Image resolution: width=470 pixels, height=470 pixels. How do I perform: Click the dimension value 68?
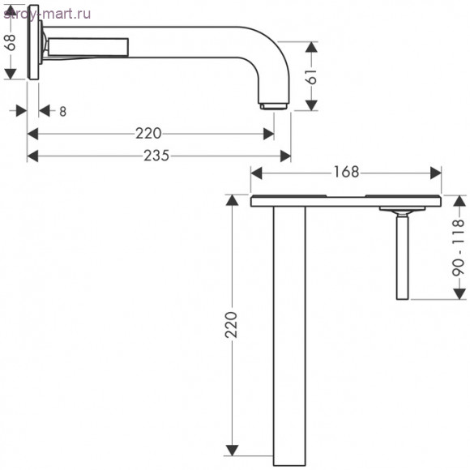pyautogui.click(x=11, y=42)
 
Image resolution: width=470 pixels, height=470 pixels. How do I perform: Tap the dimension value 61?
pyautogui.click(x=312, y=76)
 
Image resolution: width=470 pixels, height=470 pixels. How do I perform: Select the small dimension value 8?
pyautogui.click(x=62, y=112)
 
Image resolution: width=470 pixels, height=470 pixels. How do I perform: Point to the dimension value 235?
pyautogui.click(x=156, y=156)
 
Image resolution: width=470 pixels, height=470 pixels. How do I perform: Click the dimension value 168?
pyautogui.click(x=346, y=172)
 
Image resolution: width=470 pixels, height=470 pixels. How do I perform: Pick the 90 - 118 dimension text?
pyautogui.click(x=459, y=248)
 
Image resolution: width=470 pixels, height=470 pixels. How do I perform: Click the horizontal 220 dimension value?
pyautogui.click(x=148, y=134)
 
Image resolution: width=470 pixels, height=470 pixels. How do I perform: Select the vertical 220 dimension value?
pyautogui.click(x=231, y=325)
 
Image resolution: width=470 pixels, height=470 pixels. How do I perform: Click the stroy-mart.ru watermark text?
pyautogui.click(x=47, y=14)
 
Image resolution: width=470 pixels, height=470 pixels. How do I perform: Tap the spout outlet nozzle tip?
pyautogui.click(x=273, y=106)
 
